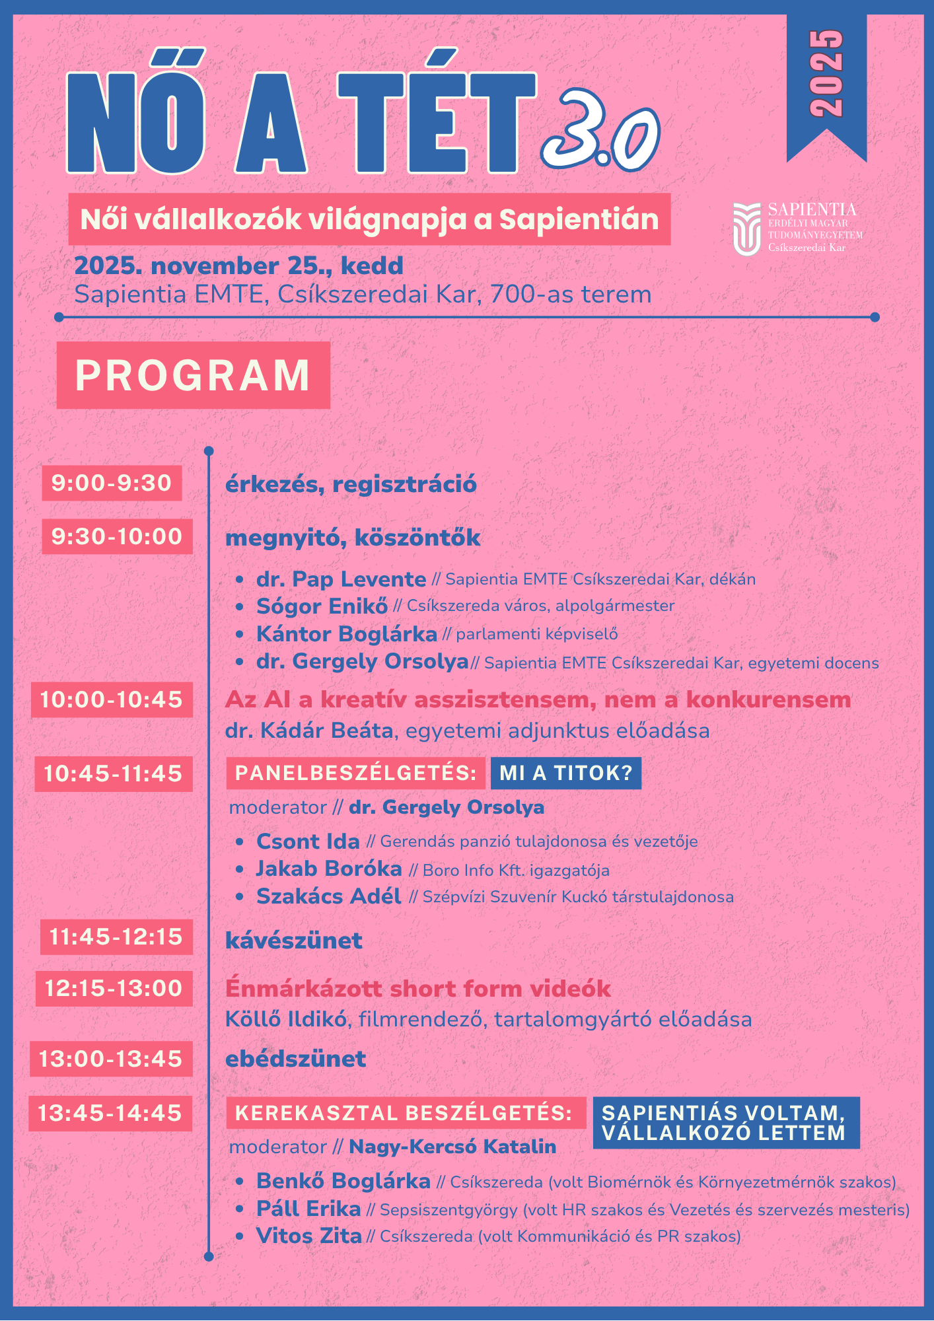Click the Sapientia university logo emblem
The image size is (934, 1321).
click(746, 229)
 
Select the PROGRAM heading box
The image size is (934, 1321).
click(193, 375)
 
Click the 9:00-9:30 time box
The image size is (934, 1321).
click(112, 483)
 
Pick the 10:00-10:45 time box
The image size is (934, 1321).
click(112, 699)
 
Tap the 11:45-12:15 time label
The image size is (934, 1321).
click(116, 937)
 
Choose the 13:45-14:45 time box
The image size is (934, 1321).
click(110, 1113)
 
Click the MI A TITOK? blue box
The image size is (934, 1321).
click(565, 773)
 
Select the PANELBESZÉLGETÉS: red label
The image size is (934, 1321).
click(355, 773)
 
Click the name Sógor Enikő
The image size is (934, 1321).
click(322, 606)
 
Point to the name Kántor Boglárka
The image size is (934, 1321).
click(346, 634)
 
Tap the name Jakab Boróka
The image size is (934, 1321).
click(329, 869)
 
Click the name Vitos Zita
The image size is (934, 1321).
click(308, 1236)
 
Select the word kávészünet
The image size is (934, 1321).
click(293, 941)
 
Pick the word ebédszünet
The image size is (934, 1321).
click(295, 1059)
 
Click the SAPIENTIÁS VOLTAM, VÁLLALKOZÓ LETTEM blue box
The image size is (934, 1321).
click(726, 1123)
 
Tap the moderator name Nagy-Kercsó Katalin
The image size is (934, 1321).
click(452, 1147)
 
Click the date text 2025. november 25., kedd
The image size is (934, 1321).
click(238, 266)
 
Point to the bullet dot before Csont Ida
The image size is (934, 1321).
click(240, 842)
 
